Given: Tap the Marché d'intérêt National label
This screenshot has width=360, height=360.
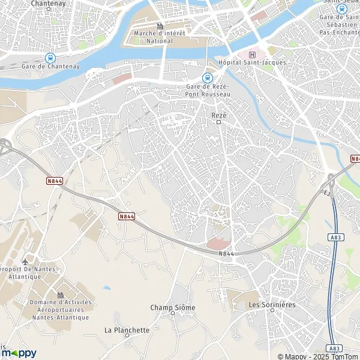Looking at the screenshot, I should (159, 37).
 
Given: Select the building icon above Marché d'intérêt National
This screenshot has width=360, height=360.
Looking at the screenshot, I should (160, 26).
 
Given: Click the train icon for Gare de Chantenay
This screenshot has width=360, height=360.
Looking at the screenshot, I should (49, 58).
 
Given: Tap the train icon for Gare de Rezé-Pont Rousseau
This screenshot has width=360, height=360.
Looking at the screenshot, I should (208, 77).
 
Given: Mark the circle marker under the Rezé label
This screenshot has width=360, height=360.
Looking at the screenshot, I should (218, 122).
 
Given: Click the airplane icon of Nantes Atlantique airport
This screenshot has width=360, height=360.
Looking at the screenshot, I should (25, 262).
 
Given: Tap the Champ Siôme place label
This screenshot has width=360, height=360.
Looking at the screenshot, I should (172, 307).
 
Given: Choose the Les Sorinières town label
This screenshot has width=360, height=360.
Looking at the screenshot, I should (272, 305).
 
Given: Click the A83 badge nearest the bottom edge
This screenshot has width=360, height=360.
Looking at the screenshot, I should (335, 347).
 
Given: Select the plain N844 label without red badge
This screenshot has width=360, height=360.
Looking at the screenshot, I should (226, 254).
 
